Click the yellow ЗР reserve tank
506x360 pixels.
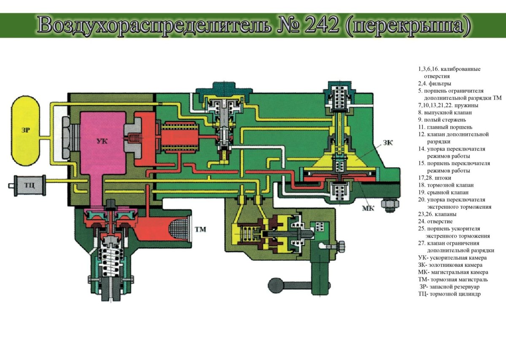point(26,131)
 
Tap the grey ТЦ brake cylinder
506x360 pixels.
point(30,185)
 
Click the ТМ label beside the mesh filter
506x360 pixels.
point(200,229)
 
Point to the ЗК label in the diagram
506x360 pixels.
point(388,142)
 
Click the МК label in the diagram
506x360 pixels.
point(368,208)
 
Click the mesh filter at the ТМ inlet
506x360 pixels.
point(181,230)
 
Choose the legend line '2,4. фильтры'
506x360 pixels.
point(434,83)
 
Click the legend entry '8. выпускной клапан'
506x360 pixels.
point(445,113)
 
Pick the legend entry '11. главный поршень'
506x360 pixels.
point(445,127)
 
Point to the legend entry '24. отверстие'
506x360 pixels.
point(435,222)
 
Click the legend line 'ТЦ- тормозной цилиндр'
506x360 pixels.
point(449,294)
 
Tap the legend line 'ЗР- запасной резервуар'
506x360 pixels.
point(449,287)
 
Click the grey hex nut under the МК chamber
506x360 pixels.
point(390,204)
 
